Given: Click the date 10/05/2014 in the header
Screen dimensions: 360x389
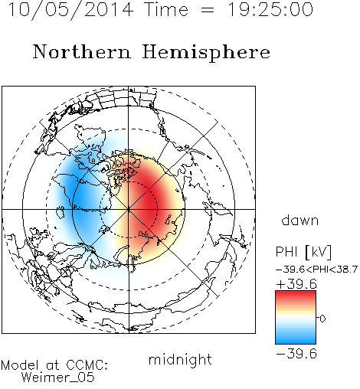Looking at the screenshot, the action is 70,10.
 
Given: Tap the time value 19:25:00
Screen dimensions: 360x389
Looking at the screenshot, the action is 270,10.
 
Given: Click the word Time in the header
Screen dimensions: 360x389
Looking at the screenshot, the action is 166,10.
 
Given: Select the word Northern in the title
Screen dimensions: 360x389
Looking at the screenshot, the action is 82,51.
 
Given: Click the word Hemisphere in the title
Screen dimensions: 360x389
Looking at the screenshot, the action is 206,53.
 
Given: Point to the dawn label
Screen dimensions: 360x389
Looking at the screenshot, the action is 300,221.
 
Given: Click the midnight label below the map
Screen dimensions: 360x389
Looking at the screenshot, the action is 180,359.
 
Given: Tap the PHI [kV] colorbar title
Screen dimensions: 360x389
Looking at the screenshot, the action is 303,252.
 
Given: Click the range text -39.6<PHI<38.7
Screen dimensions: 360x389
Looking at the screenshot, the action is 316,270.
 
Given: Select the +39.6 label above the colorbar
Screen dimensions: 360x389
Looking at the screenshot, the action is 296,284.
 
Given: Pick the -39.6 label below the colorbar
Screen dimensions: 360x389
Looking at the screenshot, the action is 296,354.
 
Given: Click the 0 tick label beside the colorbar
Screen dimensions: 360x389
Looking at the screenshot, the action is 322,319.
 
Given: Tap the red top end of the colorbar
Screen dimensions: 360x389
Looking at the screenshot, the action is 296,293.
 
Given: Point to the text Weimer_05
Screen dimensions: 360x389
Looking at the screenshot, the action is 57,378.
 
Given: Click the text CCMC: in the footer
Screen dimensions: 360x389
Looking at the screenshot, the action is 87,365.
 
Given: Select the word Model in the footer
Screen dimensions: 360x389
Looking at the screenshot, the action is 20,365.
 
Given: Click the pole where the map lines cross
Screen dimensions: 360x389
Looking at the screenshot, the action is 129,209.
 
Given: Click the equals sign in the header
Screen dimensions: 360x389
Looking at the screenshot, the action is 208,10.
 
